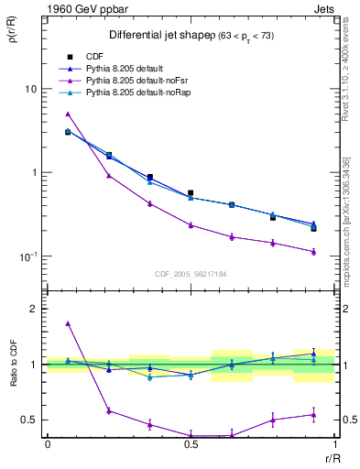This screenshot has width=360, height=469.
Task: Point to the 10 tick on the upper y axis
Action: [x=32, y=89]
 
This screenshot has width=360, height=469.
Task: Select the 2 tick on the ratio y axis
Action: [x=35, y=309]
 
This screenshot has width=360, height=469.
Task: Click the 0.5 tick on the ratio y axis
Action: [x=30, y=420]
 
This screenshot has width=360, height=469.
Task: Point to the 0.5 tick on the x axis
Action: [x=190, y=444]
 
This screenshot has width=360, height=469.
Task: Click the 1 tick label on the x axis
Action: [x=333, y=444]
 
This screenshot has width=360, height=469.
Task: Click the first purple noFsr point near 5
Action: [x=68, y=115]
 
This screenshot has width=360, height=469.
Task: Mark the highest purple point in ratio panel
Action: [x=68, y=323]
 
